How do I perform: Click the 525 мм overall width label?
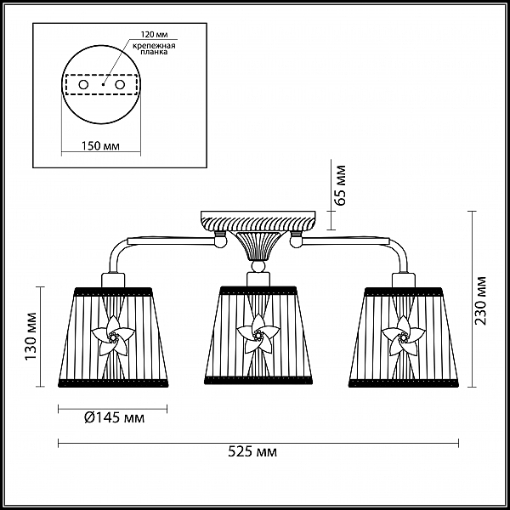[x=252, y=452]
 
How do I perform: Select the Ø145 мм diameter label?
[x=114, y=417]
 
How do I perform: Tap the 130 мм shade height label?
[x=31, y=337]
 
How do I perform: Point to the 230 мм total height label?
[x=480, y=300]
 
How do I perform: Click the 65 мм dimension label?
[x=340, y=185]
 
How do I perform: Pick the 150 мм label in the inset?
[x=100, y=145]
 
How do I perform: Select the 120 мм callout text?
[x=154, y=35]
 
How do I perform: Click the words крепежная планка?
[x=154, y=48]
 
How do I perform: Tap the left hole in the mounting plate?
[x=83, y=85]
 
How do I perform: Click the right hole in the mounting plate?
[x=120, y=85]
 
